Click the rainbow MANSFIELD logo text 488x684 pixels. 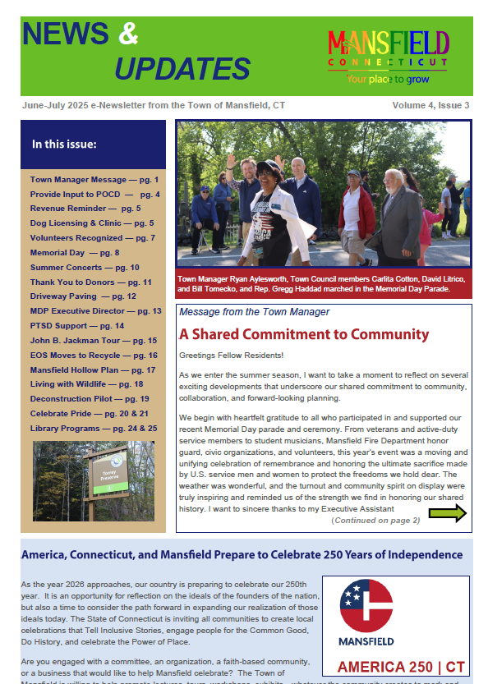(x=388, y=43)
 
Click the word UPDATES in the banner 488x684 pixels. (x=182, y=68)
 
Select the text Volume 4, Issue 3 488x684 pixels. (x=430, y=106)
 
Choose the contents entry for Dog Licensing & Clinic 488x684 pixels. (x=91, y=223)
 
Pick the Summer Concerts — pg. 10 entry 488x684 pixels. (x=85, y=267)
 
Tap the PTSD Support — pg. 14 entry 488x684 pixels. (x=77, y=326)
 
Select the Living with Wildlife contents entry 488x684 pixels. (x=86, y=384)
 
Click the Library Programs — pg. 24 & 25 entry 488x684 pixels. (x=94, y=428)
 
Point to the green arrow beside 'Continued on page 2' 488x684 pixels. (x=448, y=514)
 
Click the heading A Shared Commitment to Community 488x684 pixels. (x=304, y=334)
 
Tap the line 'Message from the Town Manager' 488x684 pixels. (x=254, y=312)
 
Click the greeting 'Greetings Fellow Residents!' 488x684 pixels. (x=231, y=355)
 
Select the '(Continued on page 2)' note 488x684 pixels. (x=375, y=520)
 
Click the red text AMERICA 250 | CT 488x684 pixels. (x=395, y=666)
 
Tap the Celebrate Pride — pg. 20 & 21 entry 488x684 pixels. (x=89, y=414)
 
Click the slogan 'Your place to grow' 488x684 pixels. (x=387, y=80)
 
